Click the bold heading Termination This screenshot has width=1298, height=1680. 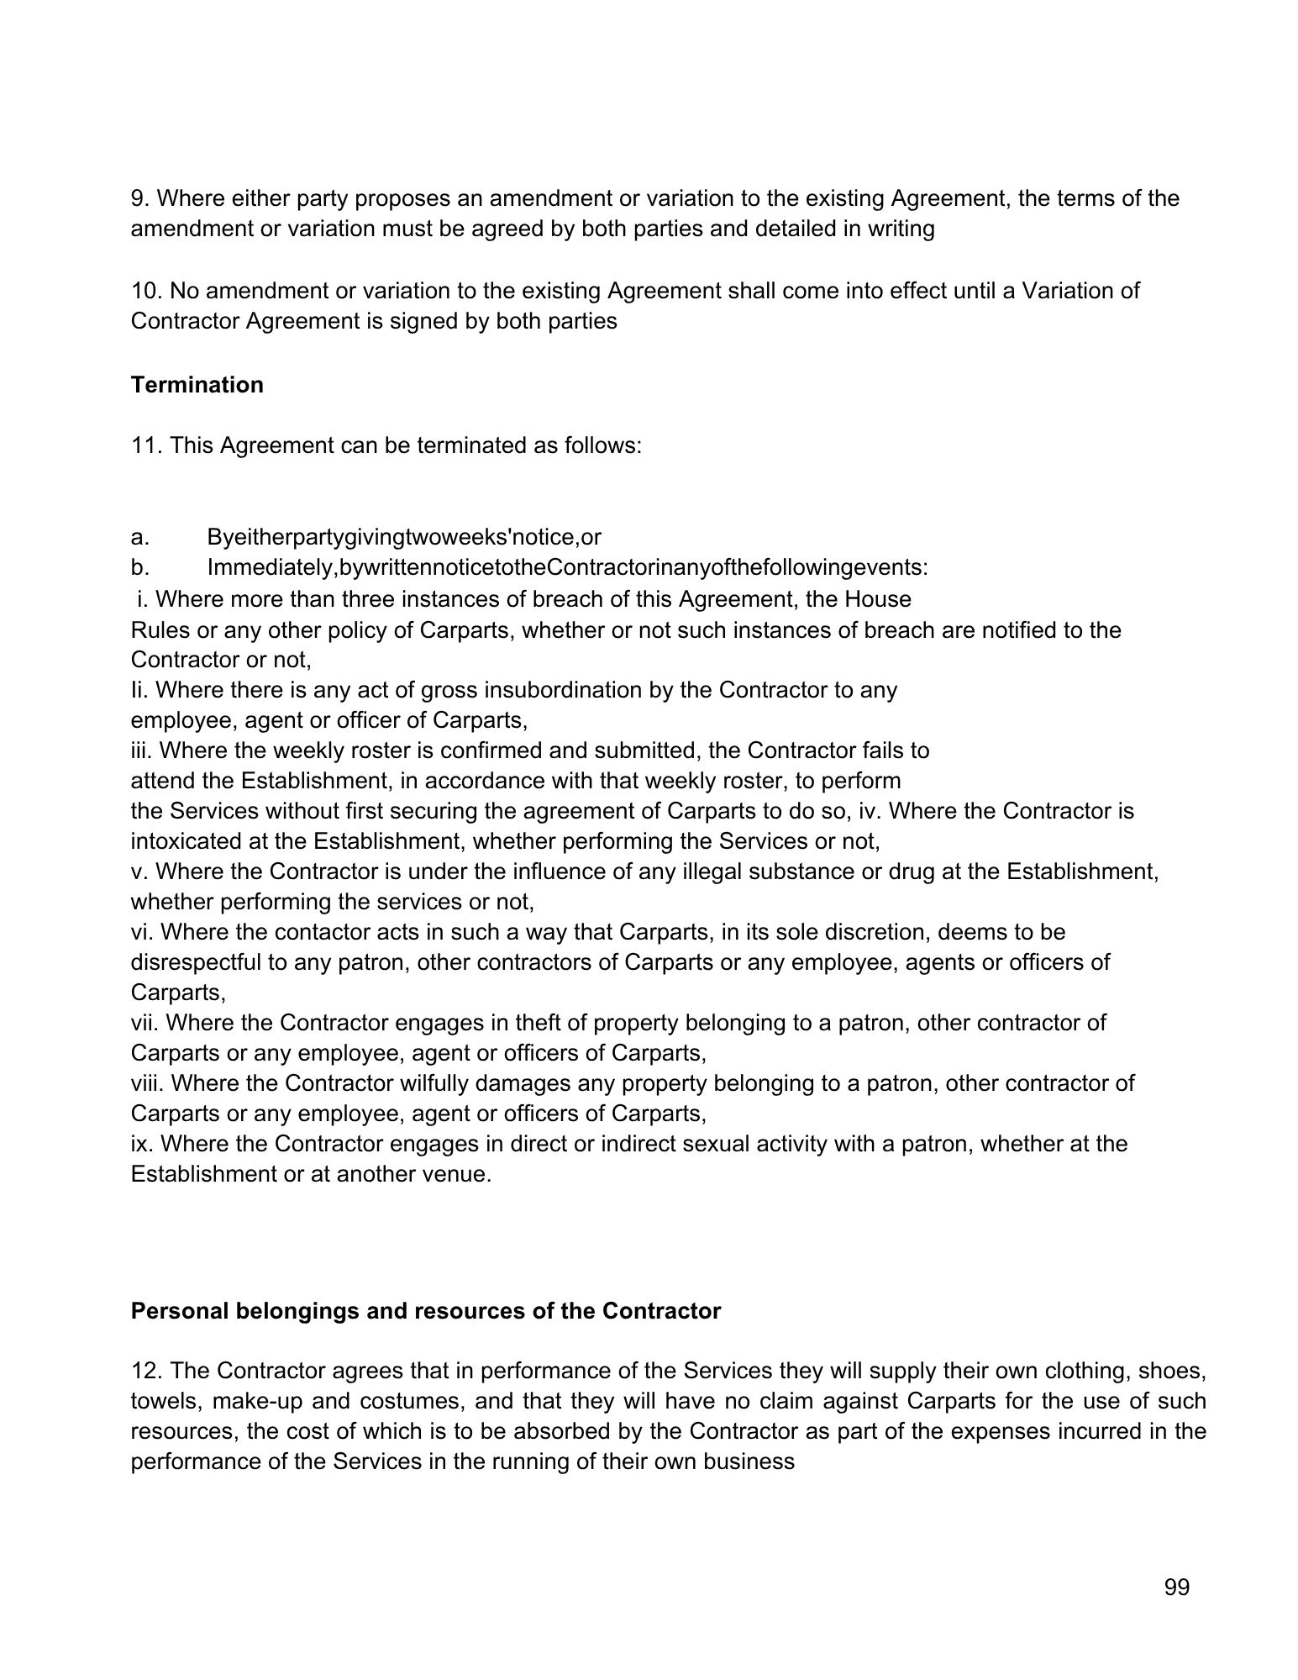[197, 385]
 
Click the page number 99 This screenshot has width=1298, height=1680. [1177, 1587]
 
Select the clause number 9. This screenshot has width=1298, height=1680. [139, 198]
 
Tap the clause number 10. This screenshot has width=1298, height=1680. [145, 291]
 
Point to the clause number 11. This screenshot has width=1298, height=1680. [145, 445]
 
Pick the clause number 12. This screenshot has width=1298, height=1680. [145, 1371]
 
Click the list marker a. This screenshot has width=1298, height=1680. [139, 537]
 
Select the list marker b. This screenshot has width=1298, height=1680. [139, 567]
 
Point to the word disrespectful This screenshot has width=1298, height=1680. [196, 962]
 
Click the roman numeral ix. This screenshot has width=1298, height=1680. [139, 1144]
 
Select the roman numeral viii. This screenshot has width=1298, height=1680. [147, 1083]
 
